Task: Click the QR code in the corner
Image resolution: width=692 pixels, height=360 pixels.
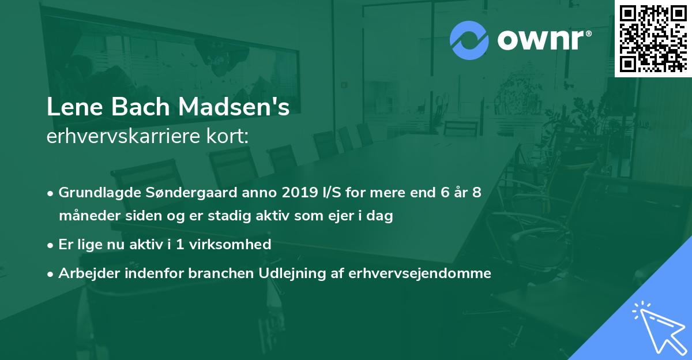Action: (x=653, y=38)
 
